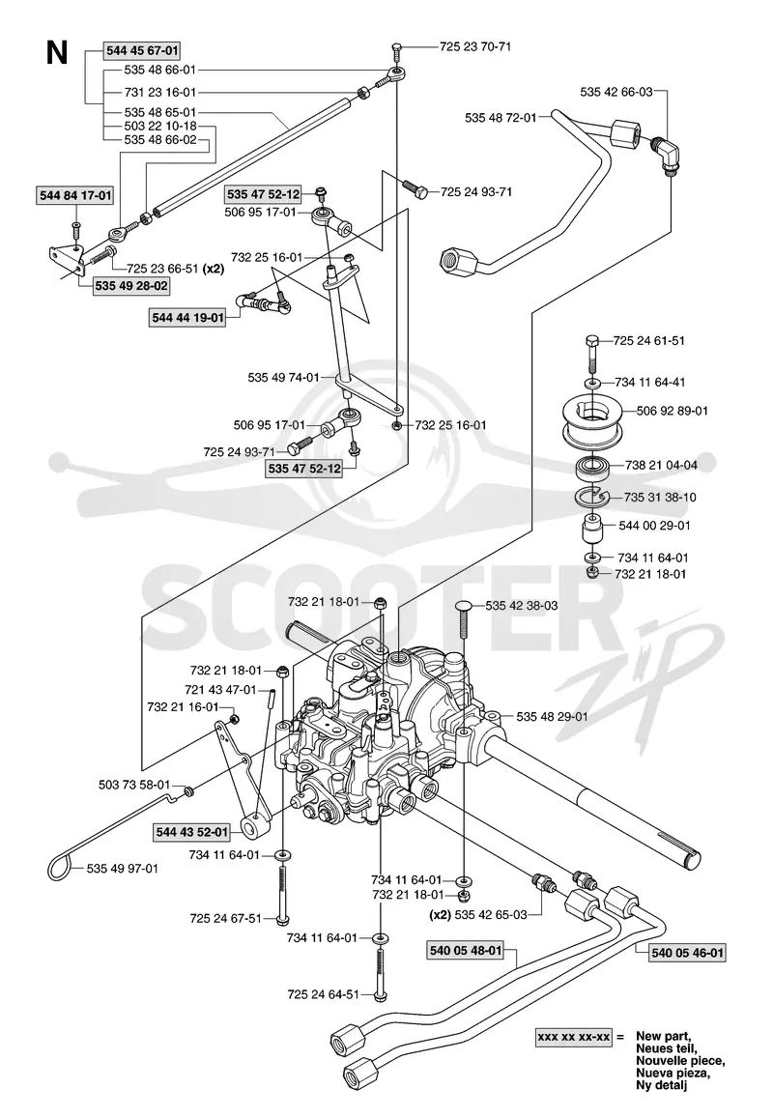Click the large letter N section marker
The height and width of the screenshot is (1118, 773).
point(57,53)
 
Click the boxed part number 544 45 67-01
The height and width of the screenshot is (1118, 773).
point(142,50)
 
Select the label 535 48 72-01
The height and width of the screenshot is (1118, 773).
point(500,117)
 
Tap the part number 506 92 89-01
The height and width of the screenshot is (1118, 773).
point(672,411)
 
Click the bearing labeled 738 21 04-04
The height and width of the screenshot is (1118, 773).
point(592,469)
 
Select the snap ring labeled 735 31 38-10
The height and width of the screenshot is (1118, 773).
point(591,497)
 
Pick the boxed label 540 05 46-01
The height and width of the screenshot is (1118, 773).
point(688,952)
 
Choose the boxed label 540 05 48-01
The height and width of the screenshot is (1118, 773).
point(466,950)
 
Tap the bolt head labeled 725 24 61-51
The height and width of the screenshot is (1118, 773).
point(592,340)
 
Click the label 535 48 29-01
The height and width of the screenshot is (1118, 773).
point(552,716)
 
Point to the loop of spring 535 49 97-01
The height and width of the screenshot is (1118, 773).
point(60,867)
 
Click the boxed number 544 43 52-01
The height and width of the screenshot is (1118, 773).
point(192,831)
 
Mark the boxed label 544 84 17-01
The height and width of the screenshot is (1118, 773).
point(74,195)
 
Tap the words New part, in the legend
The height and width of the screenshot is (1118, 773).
point(663,1036)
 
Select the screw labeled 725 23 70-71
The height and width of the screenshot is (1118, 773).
point(397,53)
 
